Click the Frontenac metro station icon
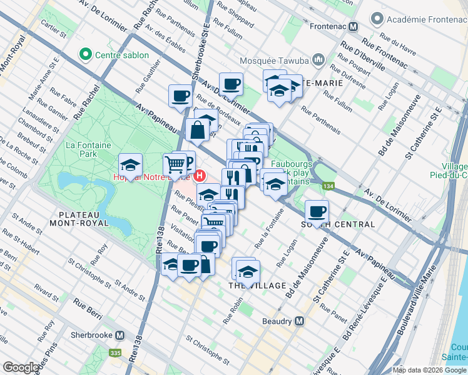pos(354,27)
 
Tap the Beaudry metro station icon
pos(299,321)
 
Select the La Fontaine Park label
pos(88,149)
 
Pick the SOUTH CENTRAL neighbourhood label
pos(338,224)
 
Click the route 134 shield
pos(328,186)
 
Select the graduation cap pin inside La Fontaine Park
pos(130,165)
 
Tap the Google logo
pos(22,367)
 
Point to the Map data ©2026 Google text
pos(429,370)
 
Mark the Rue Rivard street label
pos(46,291)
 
